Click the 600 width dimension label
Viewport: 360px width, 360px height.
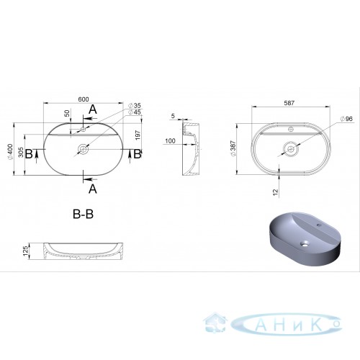pyautogui.click(x=84, y=99)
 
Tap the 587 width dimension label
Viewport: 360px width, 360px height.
pyautogui.click(x=289, y=103)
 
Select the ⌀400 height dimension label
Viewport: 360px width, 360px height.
pyautogui.click(x=10, y=152)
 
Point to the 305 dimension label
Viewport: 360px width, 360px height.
pyautogui.click(x=21, y=153)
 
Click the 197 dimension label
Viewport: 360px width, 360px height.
pyautogui.click(x=138, y=135)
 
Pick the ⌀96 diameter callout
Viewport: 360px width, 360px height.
pyautogui.click(x=347, y=119)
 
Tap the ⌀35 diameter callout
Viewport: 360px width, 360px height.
pyautogui.click(x=135, y=105)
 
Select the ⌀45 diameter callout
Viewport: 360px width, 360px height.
pyautogui.click(x=135, y=112)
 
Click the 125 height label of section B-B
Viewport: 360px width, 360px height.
pyautogui.click(x=25, y=251)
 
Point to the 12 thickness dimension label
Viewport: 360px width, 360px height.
pyautogui.click(x=276, y=192)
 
